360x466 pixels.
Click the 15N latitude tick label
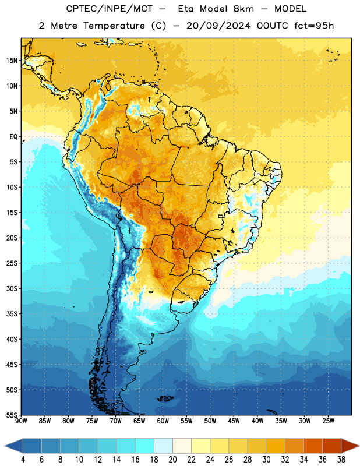(12, 61)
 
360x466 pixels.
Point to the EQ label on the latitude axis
(13, 137)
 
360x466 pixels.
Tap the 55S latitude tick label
(12, 415)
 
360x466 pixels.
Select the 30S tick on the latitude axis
(12, 288)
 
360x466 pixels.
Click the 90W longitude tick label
(21, 421)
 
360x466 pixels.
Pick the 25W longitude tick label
(328, 421)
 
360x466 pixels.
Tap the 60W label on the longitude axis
(163, 421)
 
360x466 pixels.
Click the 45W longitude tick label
(234, 421)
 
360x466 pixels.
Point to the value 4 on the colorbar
(23, 460)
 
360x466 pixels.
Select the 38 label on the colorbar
(341, 460)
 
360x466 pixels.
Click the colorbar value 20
(172, 460)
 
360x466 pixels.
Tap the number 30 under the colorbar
(266, 460)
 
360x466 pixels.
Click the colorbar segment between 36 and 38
(332, 446)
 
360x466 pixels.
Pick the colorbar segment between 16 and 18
(145, 446)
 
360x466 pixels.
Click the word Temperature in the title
(114, 26)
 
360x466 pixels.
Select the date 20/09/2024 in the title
(218, 26)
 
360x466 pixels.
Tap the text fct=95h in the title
(314, 26)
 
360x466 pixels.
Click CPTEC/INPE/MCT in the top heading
(109, 9)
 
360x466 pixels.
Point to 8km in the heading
(243, 9)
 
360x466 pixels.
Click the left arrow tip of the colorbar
(5, 446)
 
